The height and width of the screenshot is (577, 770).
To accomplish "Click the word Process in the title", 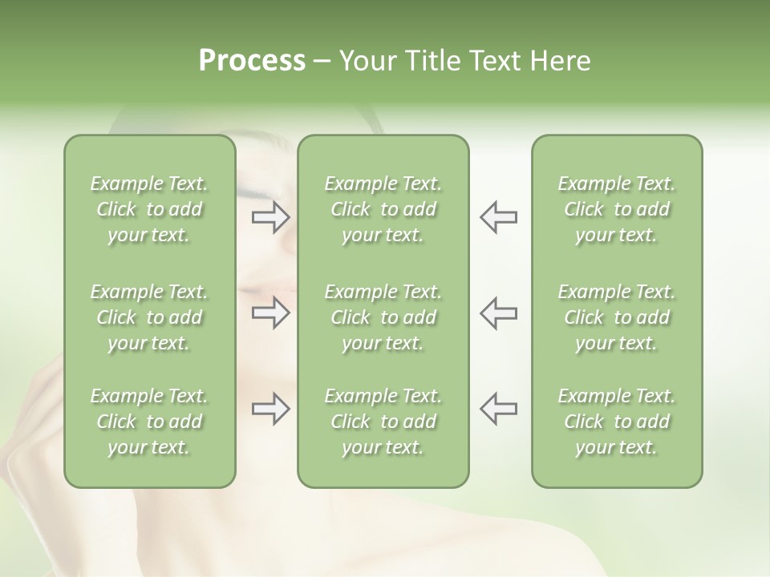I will pyautogui.click(x=252, y=61).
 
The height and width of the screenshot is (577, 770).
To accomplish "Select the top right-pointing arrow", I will pyautogui.click(x=270, y=217).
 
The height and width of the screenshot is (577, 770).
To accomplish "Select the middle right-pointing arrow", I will pyautogui.click(x=270, y=313).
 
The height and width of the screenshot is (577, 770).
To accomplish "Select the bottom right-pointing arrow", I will pyautogui.click(x=270, y=408).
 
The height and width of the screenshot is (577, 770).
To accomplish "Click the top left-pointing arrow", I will pyautogui.click(x=498, y=217).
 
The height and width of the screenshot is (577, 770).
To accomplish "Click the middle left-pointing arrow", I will pyautogui.click(x=498, y=313).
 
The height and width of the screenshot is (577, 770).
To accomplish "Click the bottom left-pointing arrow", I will pyautogui.click(x=498, y=408).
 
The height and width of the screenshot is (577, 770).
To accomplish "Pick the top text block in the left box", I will pyautogui.click(x=149, y=209).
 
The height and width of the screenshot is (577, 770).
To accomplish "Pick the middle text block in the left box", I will pyautogui.click(x=149, y=317).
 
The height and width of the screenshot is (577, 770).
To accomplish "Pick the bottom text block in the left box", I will pyautogui.click(x=149, y=422).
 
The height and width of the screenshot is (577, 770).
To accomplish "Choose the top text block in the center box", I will pyautogui.click(x=383, y=209).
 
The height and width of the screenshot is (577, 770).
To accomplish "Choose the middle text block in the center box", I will pyautogui.click(x=383, y=317).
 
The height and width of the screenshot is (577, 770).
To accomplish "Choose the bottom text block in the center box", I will pyautogui.click(x=383, y=422).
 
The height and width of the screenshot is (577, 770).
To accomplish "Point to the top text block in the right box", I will pyautogui.click(x=616, y=209).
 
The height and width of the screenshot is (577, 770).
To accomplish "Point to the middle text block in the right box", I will pyautogui.click(x=616, y=317).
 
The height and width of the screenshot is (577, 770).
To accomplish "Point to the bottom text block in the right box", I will pyautogui.click(x=616, y=422).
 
